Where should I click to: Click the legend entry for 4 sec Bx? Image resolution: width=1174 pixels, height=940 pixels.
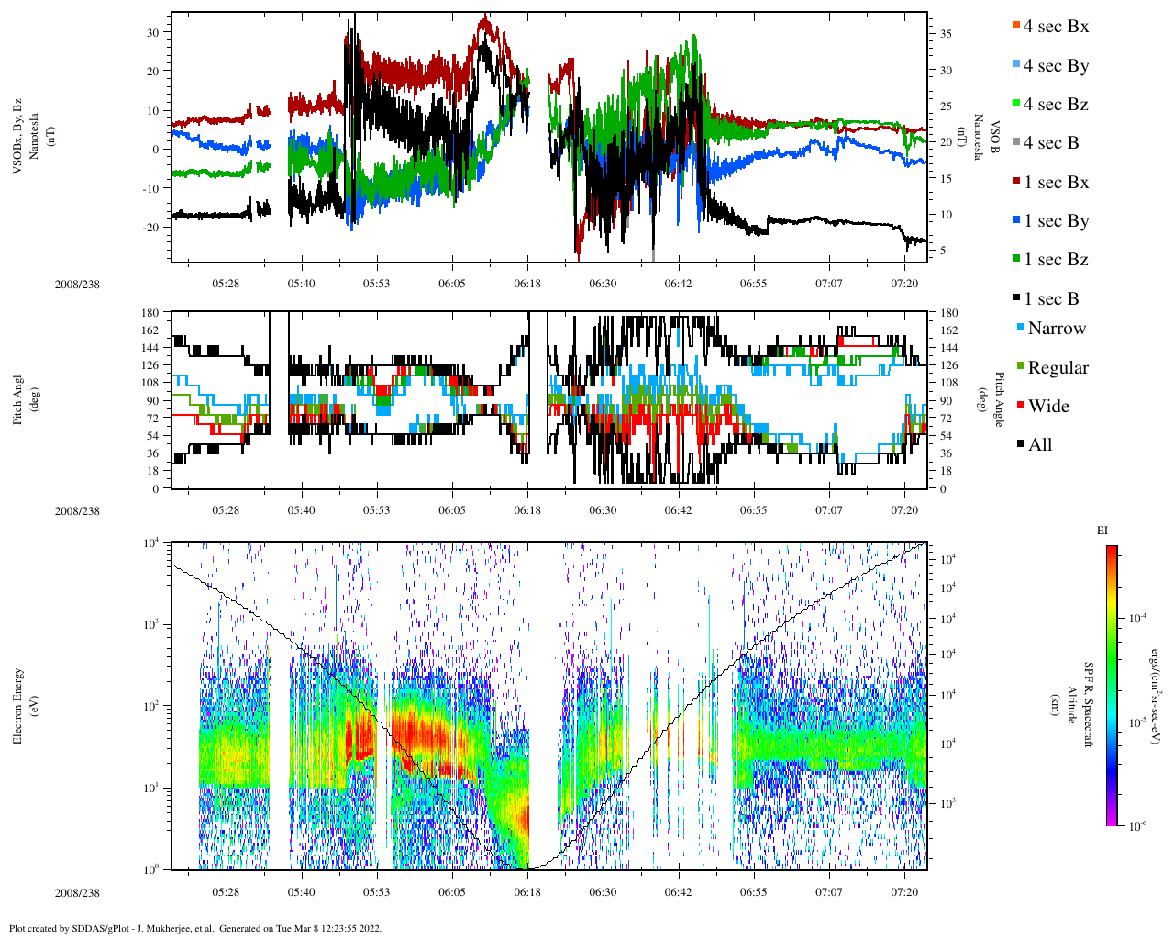click(x=1055, y=27)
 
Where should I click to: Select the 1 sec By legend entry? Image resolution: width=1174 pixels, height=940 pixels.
click(x=1055, y=221)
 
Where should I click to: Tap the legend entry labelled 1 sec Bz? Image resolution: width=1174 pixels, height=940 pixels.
click(x=1055, y=260)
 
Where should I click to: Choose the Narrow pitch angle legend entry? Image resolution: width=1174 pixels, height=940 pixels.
click(x=1056, y=329)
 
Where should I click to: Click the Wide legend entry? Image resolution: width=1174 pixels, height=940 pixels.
click(x=1047, y=407)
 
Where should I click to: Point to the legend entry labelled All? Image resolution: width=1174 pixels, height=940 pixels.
click(x=1039, y=445)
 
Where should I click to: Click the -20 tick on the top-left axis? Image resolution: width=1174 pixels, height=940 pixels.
click(x=151, y=228)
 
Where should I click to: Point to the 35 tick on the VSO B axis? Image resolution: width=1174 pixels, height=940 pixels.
click(x=946, y=34)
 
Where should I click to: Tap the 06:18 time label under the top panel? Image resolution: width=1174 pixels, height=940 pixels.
click(x=527, y=284)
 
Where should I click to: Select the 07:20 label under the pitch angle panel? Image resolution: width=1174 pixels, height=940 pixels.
click(x=904, y=510)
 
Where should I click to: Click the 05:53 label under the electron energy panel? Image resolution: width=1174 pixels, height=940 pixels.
click(x=376, y=891)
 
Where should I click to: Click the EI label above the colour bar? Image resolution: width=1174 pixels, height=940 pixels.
click(x=1102, y=530)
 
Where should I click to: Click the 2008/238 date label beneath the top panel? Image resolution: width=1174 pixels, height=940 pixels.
click(x=77, y=284)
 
